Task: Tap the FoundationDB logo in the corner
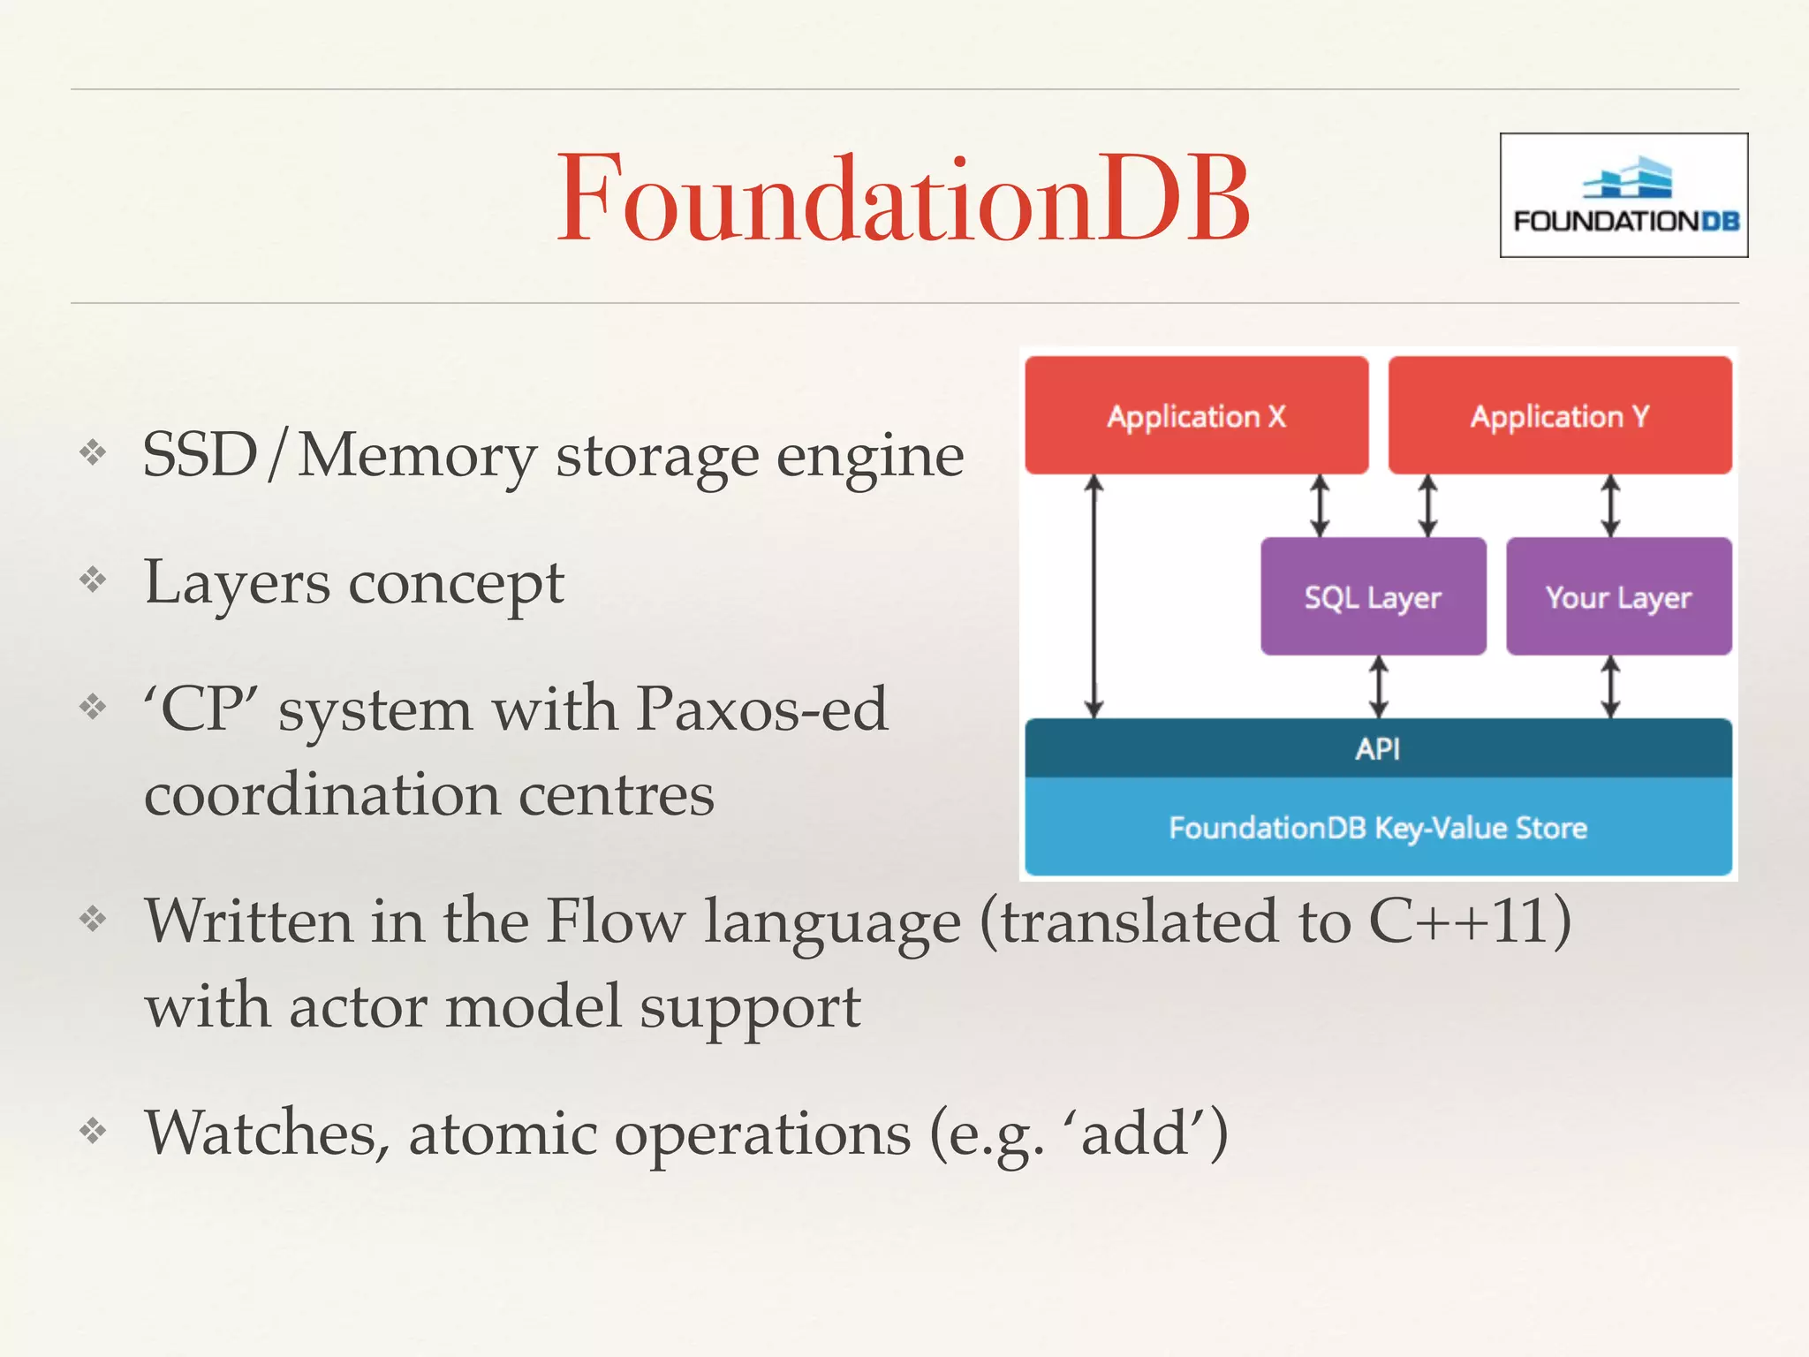(x=1624, y=195)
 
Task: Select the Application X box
(x=1196, y=415)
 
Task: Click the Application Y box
(x=1560, y=415)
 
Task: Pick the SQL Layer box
(x=1373, y=597)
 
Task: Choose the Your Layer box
(x=1618, y=597)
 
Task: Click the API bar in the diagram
(x=1378, y=748)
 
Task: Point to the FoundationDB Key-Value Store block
(x=1378, y=828)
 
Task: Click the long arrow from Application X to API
(x=1094, y=596)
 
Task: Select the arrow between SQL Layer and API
(x=1379, y=686)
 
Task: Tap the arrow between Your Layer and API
(x=1610, y=686)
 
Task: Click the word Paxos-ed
(x=761, y=709)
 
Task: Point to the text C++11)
(x=1470, y=921)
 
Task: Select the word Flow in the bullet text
(x=615, y=921)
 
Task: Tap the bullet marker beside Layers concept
(x=93, y=580)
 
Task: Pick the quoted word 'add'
(x=1134, y=1133)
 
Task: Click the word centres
(x=616, y=795)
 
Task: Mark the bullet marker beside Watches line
(x=93, y=1130)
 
